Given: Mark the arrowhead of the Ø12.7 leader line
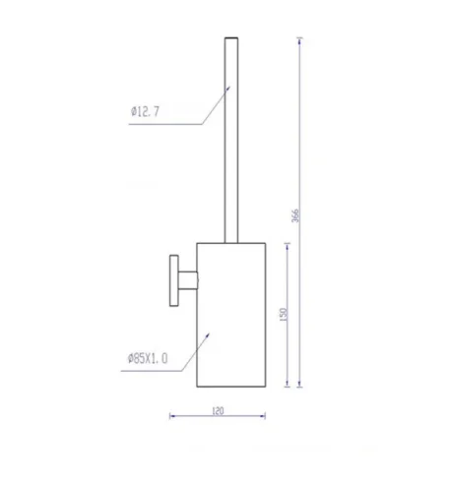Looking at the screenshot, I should coord(229,86).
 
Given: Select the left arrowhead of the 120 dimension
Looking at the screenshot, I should coord(174,414).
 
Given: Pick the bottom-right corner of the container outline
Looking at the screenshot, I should coord(257,388).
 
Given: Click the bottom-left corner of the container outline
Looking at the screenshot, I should coord(197,388).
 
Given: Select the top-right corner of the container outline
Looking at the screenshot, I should coord(257,242).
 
